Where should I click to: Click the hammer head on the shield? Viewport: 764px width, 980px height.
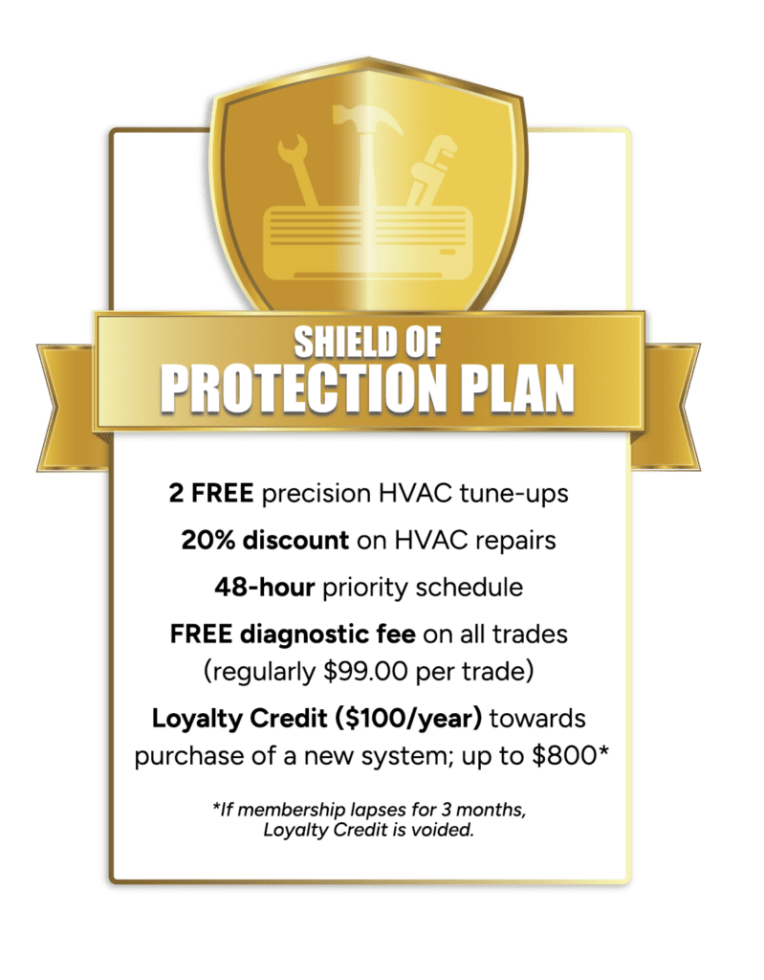[x=366, y=119]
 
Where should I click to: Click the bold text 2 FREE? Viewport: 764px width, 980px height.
[x=211, y=493]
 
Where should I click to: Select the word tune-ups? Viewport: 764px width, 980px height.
[x=514, y=494]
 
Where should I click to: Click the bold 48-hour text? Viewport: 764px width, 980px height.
[x=264, y=588]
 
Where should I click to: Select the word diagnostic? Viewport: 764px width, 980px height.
[x=305, y=635]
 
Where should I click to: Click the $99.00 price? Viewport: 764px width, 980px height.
[x=366, y=672]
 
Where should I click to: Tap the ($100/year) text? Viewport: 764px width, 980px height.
[x=408, y=719]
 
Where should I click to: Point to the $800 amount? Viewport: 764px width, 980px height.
[x=565, y=756]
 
